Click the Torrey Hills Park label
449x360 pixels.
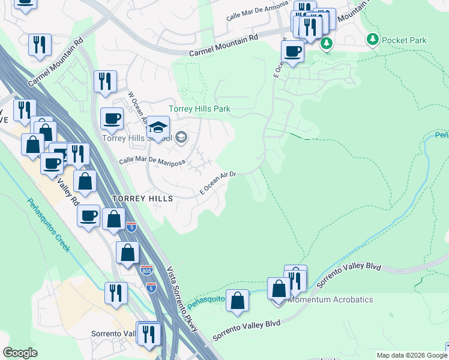pyautogui.click(x=199, y=109)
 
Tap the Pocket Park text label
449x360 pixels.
pyautogui.click(x=403, y=40)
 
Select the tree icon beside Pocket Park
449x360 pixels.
pyautogui.click(x=373, y=40)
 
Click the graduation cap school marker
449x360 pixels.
pyautogui.click(x=158, y=127)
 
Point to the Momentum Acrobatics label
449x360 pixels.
pyautogui.click(x=331, y=299)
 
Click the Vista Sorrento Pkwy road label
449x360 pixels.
pyautogui.click(x=179, y=292)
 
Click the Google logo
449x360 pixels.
pyautogui.click(x=20, y=353)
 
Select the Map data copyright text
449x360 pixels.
pyautogui.click(x=412, y=355)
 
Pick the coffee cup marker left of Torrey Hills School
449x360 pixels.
pyautogui.click(x=112, y=119)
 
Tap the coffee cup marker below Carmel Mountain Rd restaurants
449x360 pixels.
pyautogui.click(x=292, y=52)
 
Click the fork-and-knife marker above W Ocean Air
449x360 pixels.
pyautogui.click(x=106, y=82)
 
